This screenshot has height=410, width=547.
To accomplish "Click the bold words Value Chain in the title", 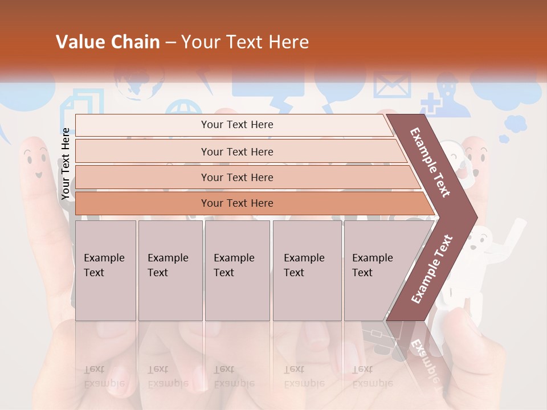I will [108, 42].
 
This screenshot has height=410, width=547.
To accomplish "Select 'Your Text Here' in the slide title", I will [245, 42].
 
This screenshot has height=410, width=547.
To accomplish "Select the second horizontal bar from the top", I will [237, 151].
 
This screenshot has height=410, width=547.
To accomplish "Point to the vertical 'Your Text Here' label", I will [66, 164].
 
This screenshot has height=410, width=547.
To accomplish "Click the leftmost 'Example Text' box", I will [105, 270].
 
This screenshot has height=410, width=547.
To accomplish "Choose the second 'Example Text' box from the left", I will [170, 270].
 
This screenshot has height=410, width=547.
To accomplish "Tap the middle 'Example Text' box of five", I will [237, 270].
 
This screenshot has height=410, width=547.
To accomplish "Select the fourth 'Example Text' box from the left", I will [307, 270].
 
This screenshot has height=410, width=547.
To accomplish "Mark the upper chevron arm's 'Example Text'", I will [431, 162].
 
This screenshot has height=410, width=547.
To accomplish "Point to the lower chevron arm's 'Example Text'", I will [432, 269].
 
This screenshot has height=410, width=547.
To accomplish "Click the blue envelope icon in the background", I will [392, 85].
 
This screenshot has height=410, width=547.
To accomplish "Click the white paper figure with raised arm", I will [484, 251].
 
